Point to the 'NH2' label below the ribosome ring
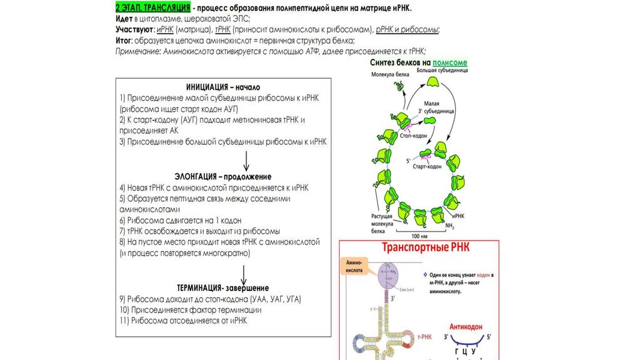(450, 225)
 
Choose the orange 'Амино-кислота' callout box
(352, 265)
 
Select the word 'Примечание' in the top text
(138, 52)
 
